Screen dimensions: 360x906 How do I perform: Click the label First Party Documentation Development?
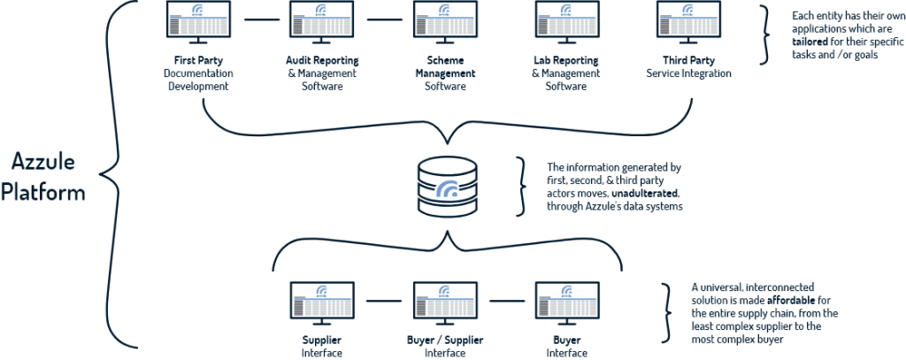(199, 73)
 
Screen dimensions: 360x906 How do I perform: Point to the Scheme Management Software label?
(445, 73)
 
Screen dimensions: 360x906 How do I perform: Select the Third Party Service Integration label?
(691, 67)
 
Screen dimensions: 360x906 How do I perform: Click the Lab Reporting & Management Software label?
(568, 73)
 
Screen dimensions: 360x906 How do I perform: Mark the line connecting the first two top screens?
(260, 19)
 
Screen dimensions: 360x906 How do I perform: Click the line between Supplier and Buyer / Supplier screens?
(383, 302)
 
